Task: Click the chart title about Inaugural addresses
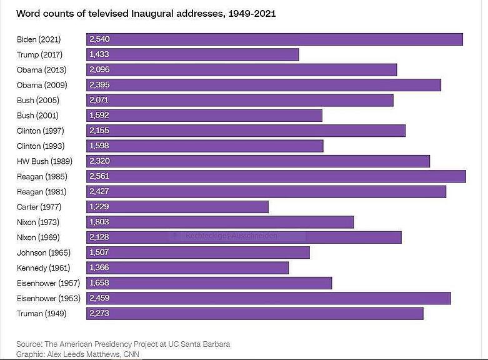point(146,13)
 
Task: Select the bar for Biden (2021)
point(275,39)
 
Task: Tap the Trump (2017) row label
point(40,54)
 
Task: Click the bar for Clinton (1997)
point(246,131)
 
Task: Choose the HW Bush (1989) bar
point(258,161)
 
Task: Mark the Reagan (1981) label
point(41,192)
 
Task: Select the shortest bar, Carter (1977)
point(177,207)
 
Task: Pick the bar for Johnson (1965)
point(198,252)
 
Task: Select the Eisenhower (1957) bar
point(209,283)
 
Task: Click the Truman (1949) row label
point(41,314)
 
